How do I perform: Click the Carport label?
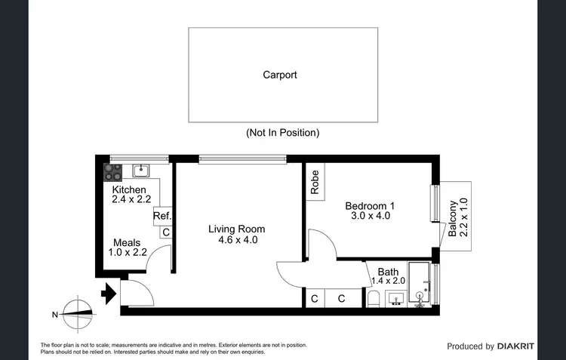pyautogui.click(x=279, y=75)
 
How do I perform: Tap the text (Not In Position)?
pyautogui.click(x=282, y=132)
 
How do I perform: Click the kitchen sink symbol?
pyautogui.click(x=140, y=171)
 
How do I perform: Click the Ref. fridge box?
pyautogui.click(x=162, y=216)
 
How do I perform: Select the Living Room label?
pyautogui.click(x=236, y=229)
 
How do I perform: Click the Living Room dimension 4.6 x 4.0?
pyautogui.click(x=236, y=241)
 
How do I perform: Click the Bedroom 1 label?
pyautogui.click(x=370, y=205)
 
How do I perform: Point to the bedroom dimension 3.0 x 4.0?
pyautogui.click(x=370, y=216)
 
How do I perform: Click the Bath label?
pyautogui.click(x=388, y=272)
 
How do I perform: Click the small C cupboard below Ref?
pyautogui.click(x=165, y=232)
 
